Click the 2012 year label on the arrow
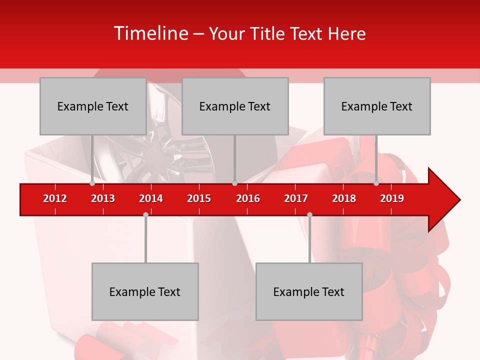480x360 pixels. pyautogui.click(x=55, y=198)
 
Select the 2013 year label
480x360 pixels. pyautogui.click(x=103, y=198)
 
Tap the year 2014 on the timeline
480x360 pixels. pyautogui.click(x=151, y=198)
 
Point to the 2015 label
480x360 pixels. pyautogui.click(x=199, y=198)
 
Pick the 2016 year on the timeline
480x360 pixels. pyautogui.click(x=248, y=198)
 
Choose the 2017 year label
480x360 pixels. pyautogui.click(x=296, y=198)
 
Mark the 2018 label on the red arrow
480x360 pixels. pyautogui.click(x=344, y=198)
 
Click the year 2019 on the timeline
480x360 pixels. pyautogui.click(x=392, y=198)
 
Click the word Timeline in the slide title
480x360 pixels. pyautogui.click(x=150, y=33)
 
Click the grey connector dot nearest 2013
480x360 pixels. pyautogui.click(x=92, y=183)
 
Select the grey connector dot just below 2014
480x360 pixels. pyautogui.click(x=145, y=214)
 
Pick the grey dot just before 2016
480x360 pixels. pyautogui.click(x=234, y=183)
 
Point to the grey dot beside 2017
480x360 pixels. pyautogui.click(x=309, y=214)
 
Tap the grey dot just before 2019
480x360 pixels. pyautogui.click(x=376, y=183)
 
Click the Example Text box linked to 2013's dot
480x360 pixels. pyautogui.click(x=93, y=106)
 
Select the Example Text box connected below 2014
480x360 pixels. pyautogui.click(x=145, y=291)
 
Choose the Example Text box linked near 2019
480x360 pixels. pyautogui.click(x=377, y=106)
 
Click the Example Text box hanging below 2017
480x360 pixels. pyautogui.click(x=309, y=291)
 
